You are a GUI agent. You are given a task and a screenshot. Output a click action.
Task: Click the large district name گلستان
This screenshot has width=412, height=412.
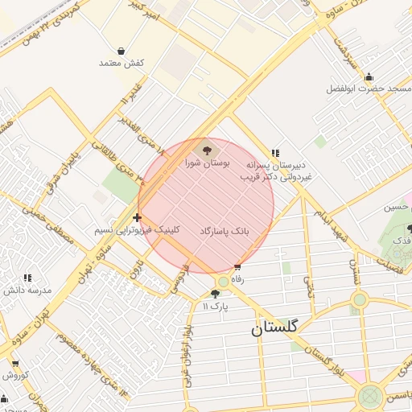(x=274, y=328)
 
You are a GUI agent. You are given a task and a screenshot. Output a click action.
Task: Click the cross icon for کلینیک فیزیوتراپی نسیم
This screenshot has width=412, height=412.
(x=138, y=217)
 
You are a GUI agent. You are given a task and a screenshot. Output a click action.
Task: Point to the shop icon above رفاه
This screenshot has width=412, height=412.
(x=237, y=267)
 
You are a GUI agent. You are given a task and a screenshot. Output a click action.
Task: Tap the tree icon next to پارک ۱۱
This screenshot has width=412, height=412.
(x=215, y=295)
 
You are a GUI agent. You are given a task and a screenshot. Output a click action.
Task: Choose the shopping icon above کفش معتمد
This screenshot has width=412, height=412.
(x=121, y=51)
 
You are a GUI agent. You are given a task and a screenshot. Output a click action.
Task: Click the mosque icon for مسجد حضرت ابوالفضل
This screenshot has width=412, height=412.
(x=369, y=77)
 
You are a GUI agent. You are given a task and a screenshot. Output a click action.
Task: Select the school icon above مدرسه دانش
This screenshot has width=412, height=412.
(x=28, y=278)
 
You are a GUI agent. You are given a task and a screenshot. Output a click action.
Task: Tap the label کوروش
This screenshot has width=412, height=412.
(x=15, y=375)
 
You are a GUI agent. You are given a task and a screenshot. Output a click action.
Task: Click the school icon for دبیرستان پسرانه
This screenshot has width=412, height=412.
(x=275, y=153)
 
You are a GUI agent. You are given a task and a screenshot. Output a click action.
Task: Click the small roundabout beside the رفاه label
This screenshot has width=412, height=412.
(x=223, y=282)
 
